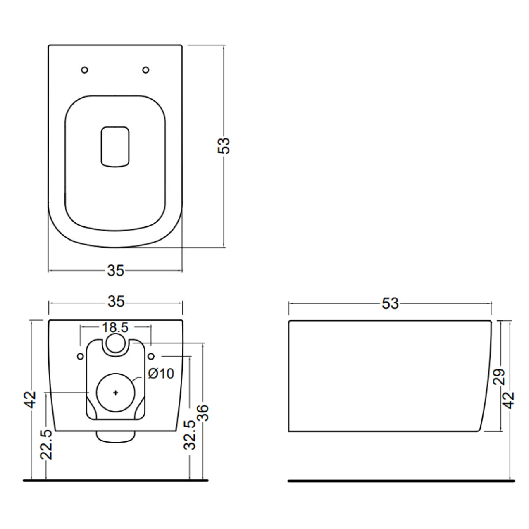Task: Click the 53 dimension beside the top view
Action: tap(224, 146)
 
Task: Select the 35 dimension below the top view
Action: tap(116, 271)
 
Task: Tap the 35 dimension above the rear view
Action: tap(116, 302)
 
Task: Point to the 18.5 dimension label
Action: tap(115, 327)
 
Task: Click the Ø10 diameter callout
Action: tap(161, 374)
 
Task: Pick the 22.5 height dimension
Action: tap(46, 445)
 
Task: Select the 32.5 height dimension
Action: tap(189, 435)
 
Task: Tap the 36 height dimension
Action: tap(203, 413)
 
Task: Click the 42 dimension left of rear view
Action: tap(30, 400)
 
